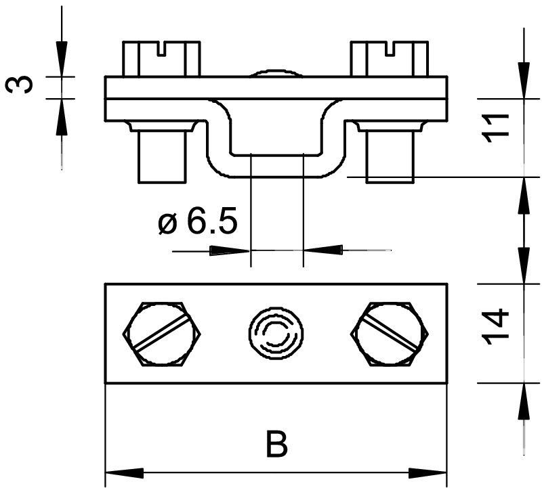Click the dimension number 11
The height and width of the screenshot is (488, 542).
pyautogui.click(x=497, y=128)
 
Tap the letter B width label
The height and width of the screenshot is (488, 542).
pyautogui.click(x=276, y=443)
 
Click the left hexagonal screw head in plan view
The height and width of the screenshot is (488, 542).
pyautogui.click(x=162, y=334)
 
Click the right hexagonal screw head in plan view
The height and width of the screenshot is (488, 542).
pyautogui.click(x=390, y=334)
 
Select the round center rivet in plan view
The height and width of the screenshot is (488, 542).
pyautogui.click(x=276, y=333)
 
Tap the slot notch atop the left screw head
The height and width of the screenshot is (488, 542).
pyautogui.click(x=162, y=49)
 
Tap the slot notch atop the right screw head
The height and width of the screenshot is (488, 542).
pyautogui.click(x=390, y=49)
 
